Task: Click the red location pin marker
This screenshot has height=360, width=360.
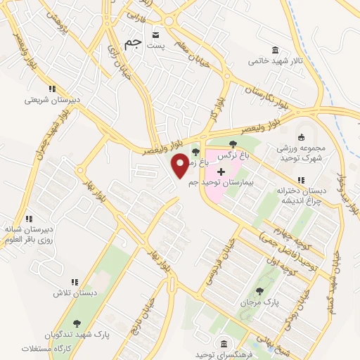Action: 180,165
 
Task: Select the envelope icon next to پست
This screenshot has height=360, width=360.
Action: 156,34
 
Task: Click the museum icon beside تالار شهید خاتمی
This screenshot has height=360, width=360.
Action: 274,51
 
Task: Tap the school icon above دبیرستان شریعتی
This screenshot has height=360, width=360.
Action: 51,89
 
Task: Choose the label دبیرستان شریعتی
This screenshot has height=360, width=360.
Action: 53,99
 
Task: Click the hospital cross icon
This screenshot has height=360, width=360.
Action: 221,171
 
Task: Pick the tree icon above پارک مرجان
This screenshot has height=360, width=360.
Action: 259,290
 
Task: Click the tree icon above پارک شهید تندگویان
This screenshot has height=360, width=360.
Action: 77,323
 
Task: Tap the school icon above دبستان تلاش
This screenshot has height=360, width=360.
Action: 75,282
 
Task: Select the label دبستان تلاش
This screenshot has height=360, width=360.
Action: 74,292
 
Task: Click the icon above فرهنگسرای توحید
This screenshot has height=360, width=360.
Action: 223,343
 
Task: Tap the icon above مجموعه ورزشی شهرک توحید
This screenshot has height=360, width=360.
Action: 302,137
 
